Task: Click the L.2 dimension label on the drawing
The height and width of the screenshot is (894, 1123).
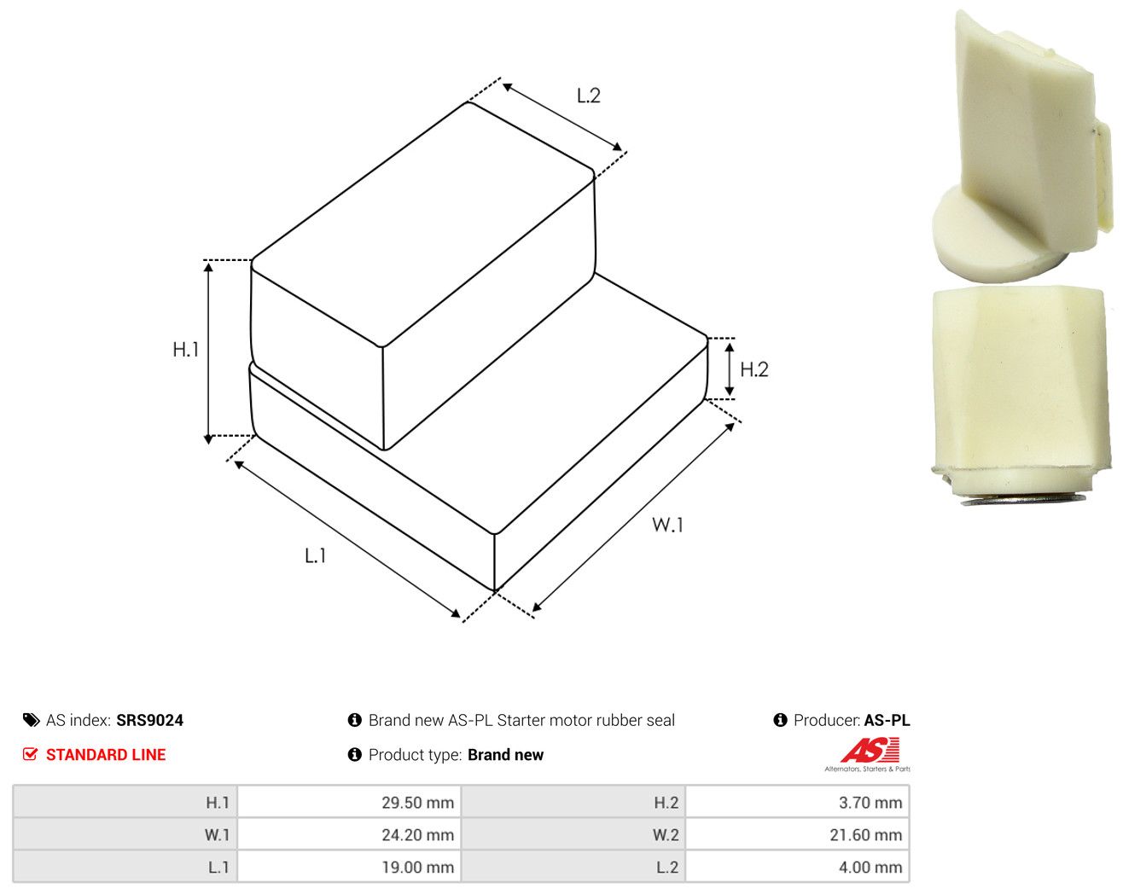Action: coord(588,96)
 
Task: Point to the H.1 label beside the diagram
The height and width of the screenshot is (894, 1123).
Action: coord(186,350)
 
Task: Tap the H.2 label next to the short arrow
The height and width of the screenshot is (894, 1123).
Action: coord(754,369)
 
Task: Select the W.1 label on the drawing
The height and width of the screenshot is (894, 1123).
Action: coord(667,524)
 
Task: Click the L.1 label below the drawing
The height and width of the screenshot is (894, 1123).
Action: coord(315,555)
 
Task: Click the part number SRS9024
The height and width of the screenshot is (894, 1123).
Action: coord(150,720)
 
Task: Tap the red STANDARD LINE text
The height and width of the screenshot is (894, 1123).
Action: coord(106,755)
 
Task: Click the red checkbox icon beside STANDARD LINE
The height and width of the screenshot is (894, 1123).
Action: coord(30,754)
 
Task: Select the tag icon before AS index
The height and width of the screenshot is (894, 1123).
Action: coord(32,720)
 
